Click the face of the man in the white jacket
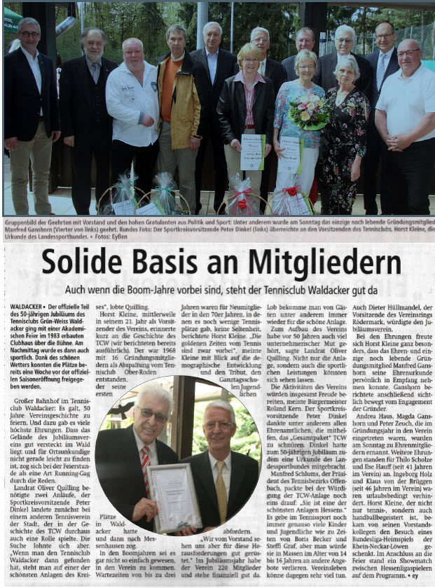tap(133, 53)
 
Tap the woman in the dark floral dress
tap(346, 126)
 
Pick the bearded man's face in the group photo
tap(93, 46)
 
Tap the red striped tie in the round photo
tap(145, 462)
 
